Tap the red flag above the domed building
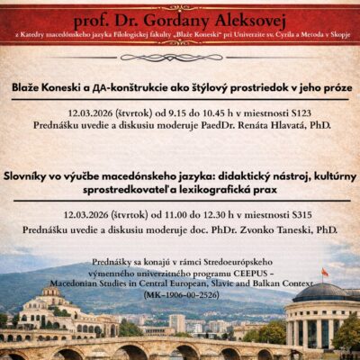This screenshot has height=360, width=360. (x=325, y=273)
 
